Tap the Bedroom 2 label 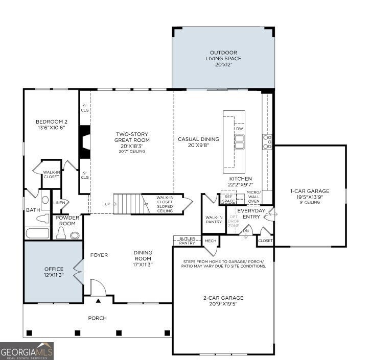pos(52,122)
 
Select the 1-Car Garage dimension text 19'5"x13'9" pos(310,197)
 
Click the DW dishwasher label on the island pos(240,129)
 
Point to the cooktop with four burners pos(267,142)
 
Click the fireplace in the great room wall pos(84,142)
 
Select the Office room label pos(54,269)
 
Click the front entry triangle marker pos(99,301)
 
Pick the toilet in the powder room pos(61,233)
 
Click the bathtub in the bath pos(37,233)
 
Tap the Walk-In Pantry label pos(214,220)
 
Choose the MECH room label pos(211,241)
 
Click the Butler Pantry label pos(187,241)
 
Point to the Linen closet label pos(59,203)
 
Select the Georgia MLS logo pos(27,351)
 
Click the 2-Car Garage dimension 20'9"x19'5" pos(223,304)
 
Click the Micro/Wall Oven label pos(253,197)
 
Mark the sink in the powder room pos(75,235)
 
